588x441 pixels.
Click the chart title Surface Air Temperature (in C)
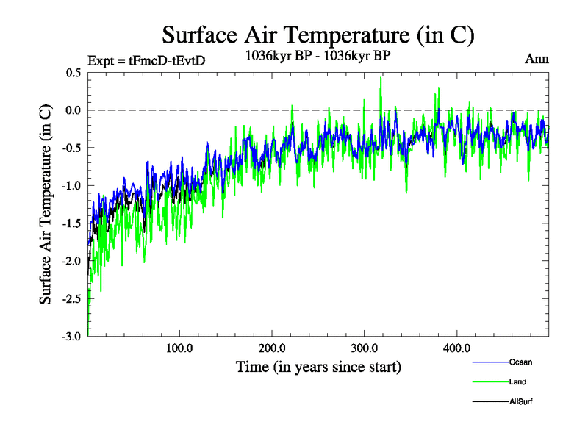click(x=318, y=35)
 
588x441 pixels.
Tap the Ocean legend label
click(x=520, y=362)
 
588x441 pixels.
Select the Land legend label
click(x=517, y=382)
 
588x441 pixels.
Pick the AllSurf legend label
click(x=520, y=402)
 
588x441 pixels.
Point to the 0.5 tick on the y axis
click(x=73, y=73)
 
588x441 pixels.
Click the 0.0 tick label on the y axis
click(x=73, y=110)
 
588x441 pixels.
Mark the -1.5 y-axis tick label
click(x=72, y=223)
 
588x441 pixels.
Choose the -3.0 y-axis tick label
click(x=72, y=336)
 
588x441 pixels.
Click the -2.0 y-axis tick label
click(x=72, y=261)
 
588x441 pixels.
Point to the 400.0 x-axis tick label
click(x=457, y=348)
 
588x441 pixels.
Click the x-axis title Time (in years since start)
click(x=318, y=366)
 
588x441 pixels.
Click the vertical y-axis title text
click(x=46, y=204)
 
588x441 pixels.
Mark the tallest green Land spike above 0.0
click(x=381, y=79)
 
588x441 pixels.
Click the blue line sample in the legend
click(x=489, y=362)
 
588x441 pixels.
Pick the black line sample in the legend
click(x=489, y=402)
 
